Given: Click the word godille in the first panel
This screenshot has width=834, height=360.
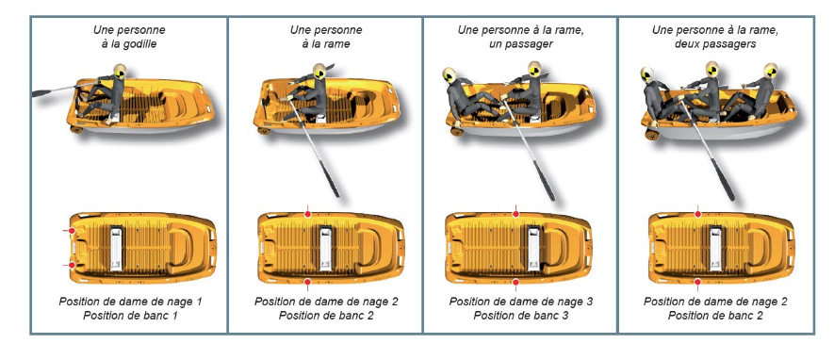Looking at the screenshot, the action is coord(141,44).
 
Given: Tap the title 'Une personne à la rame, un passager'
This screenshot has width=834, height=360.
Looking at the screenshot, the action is coord(521,37).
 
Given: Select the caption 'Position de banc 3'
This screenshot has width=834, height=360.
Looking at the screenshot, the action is coord(521,316).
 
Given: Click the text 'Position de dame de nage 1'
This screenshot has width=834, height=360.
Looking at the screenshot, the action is coord(130,302).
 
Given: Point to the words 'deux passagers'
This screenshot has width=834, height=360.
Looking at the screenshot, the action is coord(715,44).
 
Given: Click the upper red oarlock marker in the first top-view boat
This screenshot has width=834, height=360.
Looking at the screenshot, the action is coord(72,231).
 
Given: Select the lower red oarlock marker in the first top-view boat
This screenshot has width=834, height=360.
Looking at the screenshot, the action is coord(72,265).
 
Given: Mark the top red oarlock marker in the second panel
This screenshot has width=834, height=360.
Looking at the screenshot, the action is coord(307,214).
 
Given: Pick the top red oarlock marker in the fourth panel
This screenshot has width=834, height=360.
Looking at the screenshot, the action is coord(698,214).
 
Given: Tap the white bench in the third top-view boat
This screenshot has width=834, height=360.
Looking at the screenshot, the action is coord(533,248).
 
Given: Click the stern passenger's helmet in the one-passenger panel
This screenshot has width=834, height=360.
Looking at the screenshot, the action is coord(450,75).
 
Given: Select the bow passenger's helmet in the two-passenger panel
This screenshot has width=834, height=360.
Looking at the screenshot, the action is coord(770,70).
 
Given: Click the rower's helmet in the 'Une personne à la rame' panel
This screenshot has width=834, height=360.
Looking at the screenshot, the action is coord(319,71).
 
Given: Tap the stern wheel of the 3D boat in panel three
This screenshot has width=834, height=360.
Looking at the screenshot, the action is coord(456,130).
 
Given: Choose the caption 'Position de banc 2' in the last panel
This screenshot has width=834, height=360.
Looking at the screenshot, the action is coord(715,316).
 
